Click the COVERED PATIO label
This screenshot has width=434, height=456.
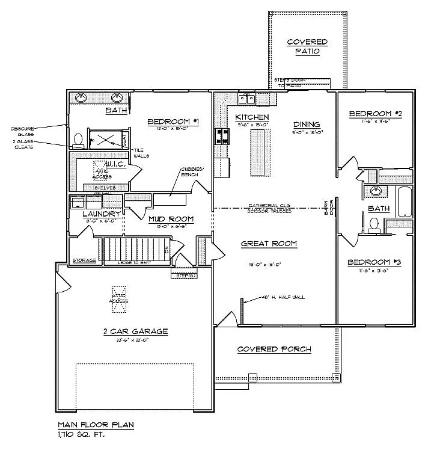[x=307, y=46]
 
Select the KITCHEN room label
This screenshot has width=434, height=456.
[x=252, y=117]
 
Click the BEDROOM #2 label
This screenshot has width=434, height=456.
[x=375, y=113]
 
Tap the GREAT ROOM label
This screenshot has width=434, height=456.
[x=269, y=244]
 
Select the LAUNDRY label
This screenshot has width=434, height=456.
[x=102, y=214]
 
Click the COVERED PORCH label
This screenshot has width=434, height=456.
[x=274, y=349]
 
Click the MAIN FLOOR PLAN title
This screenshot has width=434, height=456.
[x=95, y=425]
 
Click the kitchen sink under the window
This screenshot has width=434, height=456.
[x=246, y=99]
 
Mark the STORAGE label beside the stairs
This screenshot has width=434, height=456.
[x=84, y=260]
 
